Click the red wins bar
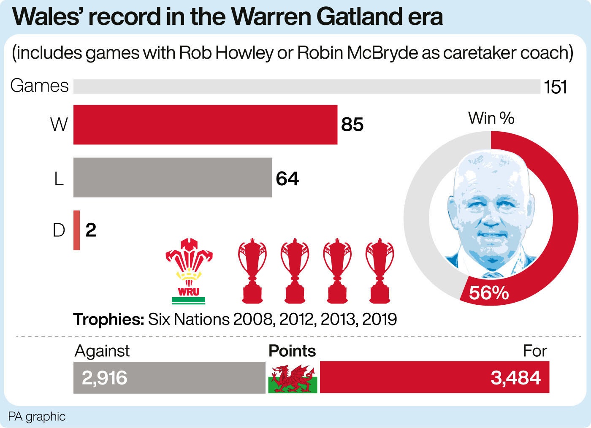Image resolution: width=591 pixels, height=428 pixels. click(x=205, y=125)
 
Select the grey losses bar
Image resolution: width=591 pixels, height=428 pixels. click(x=172, y=177)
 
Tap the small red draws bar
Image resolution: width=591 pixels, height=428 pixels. click(x=76, y=230)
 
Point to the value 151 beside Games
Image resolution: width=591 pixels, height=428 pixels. click(x=555, y=87)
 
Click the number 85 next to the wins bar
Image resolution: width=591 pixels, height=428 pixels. click(x=352, y=125)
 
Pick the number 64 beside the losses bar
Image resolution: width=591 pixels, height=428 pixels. click(x=287, y=179)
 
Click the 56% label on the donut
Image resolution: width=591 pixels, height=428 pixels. click(x=489, y=293)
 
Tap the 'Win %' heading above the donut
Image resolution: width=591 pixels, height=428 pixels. click(x=491, y=118)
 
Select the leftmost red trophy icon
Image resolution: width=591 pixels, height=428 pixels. click(x=252, y=271)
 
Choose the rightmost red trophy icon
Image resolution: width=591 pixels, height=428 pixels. click(x=379, y=271)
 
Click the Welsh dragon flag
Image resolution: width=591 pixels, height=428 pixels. click(x=293, y=378)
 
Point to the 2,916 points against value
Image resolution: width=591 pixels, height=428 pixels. click(x=104, y=378)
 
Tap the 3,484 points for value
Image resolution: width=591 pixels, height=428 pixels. click(x=515, y=378)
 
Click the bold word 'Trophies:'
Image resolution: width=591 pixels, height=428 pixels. click(x=109, y=320)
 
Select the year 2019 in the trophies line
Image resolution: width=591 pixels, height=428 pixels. click(x=379, y=320)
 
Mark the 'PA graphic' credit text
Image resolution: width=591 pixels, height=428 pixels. click(x=37, y=417)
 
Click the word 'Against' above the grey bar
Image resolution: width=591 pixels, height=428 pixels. click(x=102, y=351)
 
